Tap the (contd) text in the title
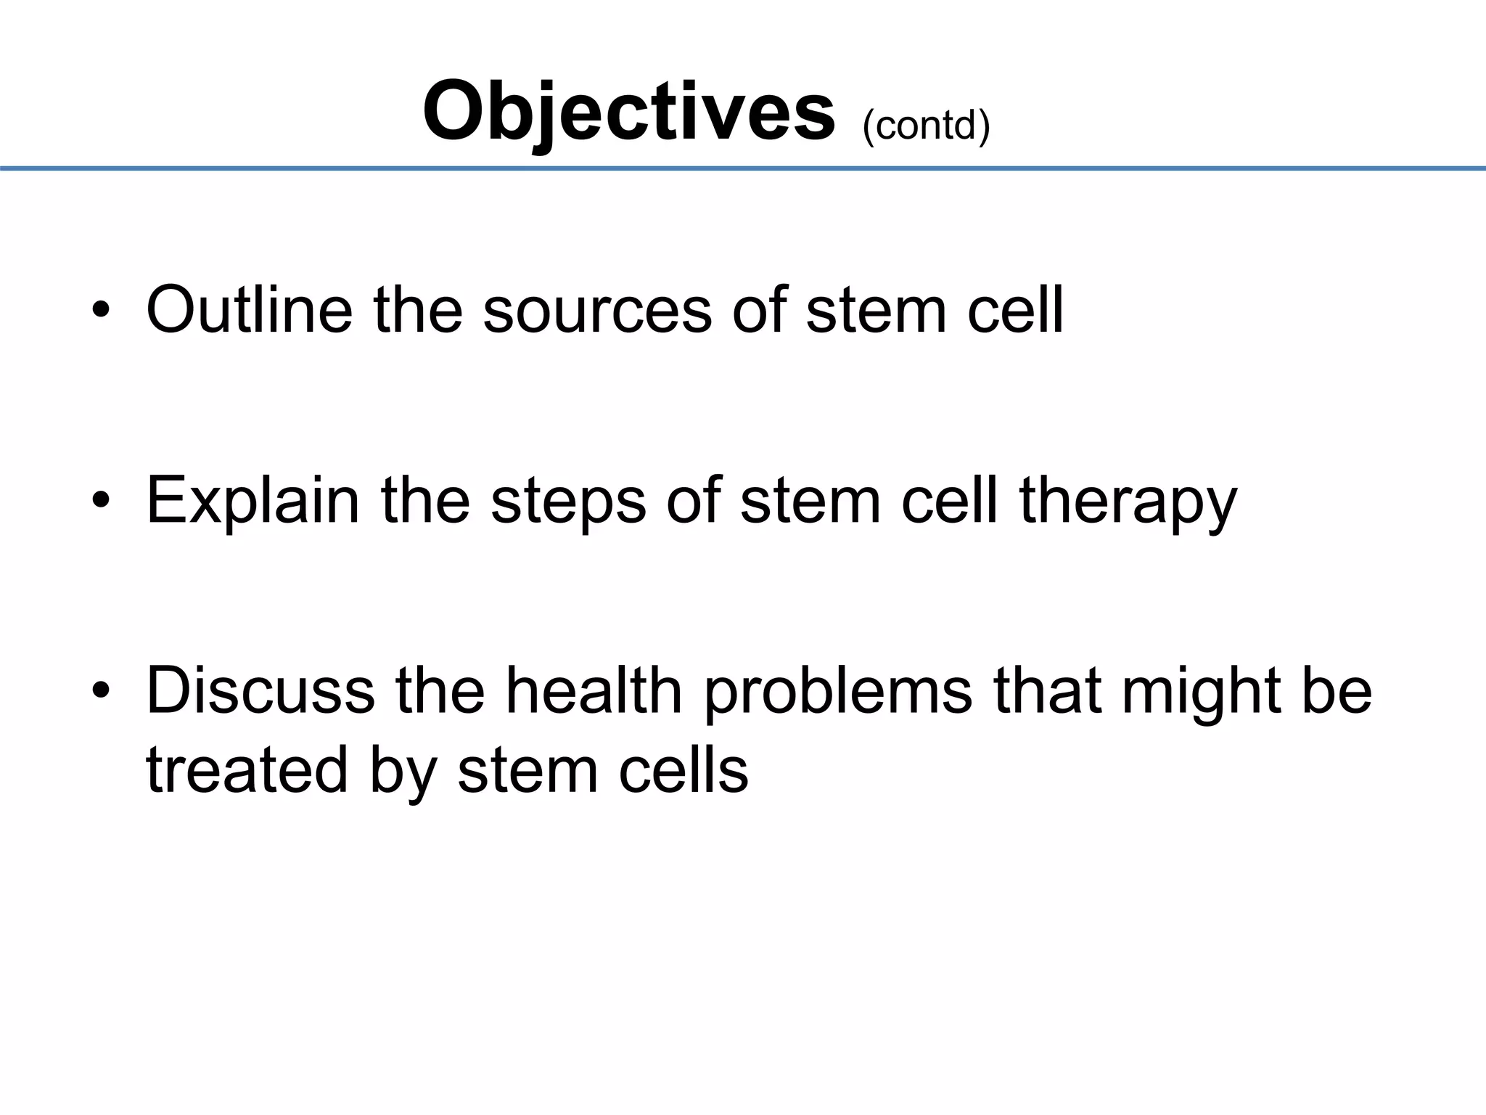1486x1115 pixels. click(926, 126)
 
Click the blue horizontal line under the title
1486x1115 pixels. click(743, 168)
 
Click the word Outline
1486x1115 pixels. click(249, 310)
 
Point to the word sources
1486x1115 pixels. click(596, 310)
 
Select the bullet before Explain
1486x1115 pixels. click(102, 501)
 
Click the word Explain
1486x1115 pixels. click(253, 501)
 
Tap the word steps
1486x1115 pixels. click(567, 501)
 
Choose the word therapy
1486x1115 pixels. click(1128, 501)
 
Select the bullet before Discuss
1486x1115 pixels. click(102, 691)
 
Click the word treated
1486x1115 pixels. click(247, 769)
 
